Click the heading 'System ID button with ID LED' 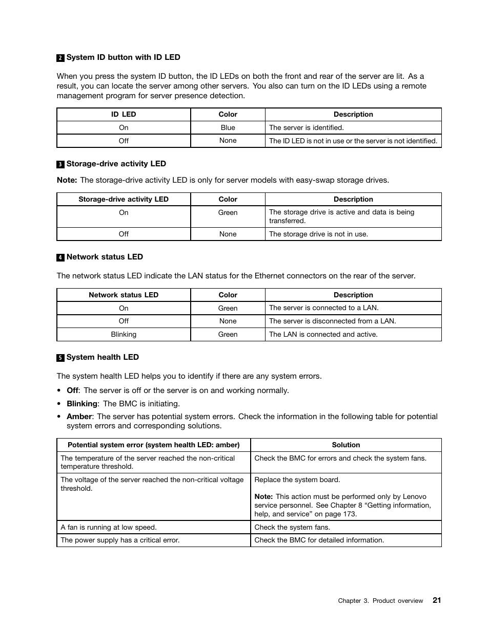123,57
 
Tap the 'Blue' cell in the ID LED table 228,127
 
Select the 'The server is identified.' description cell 306,127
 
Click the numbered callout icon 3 60,164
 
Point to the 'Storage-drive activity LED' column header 123,199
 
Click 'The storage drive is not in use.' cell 318,234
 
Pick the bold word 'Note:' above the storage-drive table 67,180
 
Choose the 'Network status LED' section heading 105,257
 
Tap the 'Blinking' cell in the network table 124,334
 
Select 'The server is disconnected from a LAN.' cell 332,321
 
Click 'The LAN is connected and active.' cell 323,334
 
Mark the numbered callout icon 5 60,358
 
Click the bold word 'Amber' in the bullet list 79,417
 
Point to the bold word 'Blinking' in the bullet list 82,404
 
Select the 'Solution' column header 345,445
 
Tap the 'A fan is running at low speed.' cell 108,527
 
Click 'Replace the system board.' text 297,480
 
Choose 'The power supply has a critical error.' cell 120,540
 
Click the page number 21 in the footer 436,600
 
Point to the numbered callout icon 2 60,58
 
